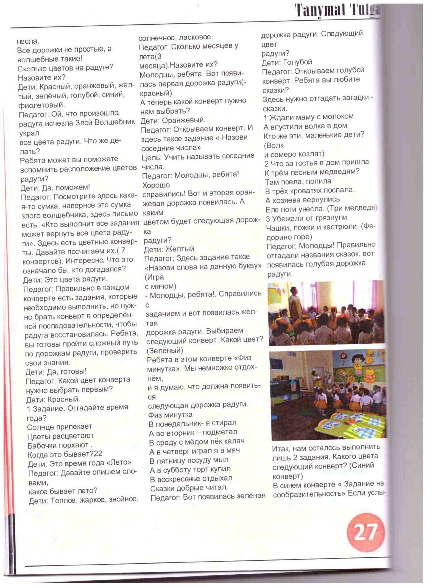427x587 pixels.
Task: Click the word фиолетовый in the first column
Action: tap(42, 105)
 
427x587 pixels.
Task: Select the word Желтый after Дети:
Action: tap(180, 249)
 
